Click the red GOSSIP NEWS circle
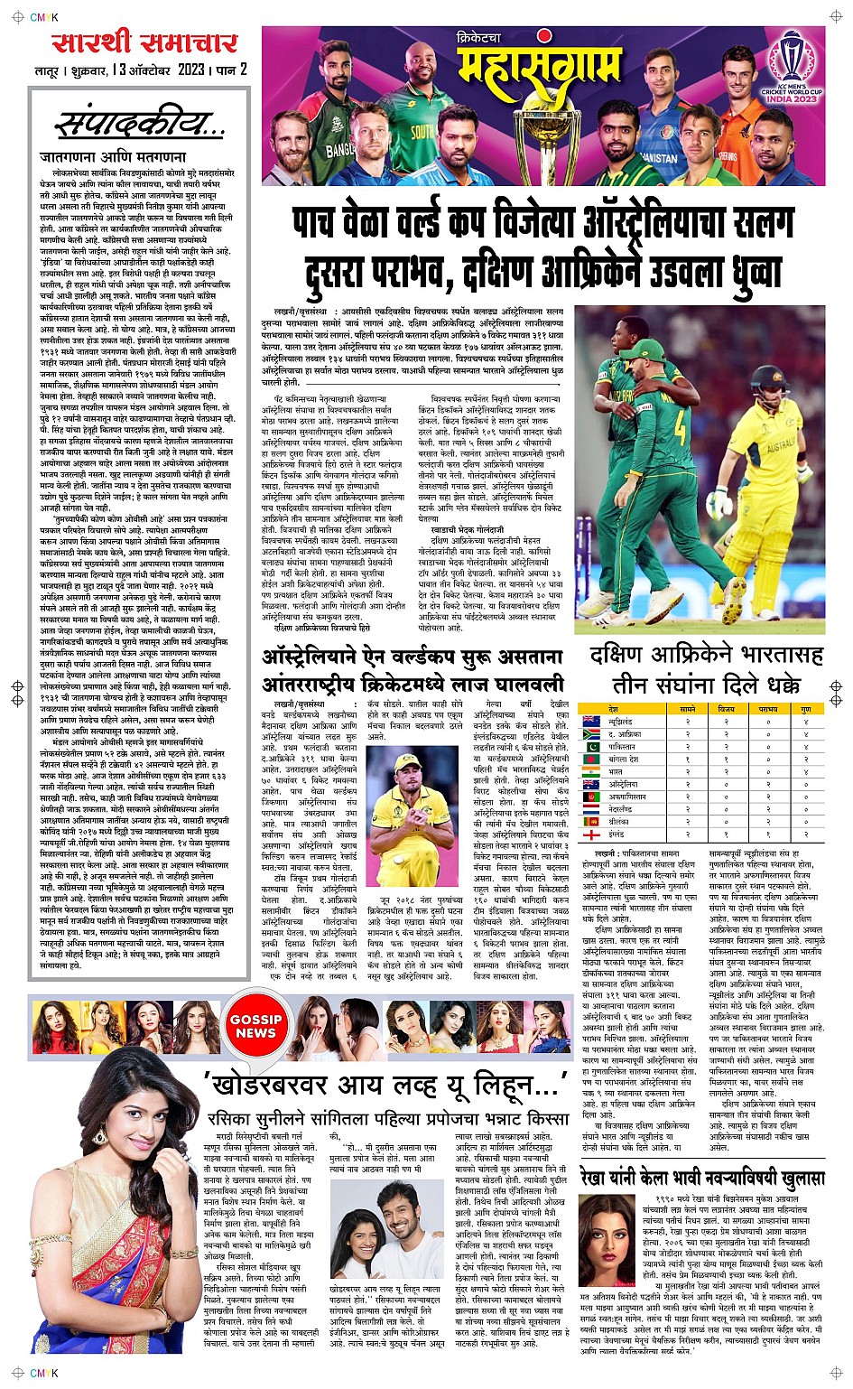255,1026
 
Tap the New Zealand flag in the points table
592,722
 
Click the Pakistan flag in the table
592,747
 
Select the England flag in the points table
592,834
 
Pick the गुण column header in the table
805,710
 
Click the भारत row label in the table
617,772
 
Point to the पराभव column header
767,710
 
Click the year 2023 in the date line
190,70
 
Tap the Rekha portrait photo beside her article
607,1240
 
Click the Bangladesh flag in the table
592,760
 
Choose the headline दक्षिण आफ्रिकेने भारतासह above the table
704,655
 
